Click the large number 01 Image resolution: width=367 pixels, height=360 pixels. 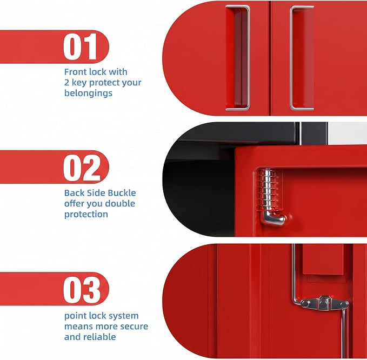(81, 46)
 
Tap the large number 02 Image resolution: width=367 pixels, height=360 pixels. (82, 168)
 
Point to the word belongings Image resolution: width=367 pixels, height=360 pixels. (88, 93)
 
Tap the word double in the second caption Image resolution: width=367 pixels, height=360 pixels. (120, 203)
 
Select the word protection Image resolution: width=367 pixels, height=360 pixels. (86, 214)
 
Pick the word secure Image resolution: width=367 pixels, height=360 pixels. (134, 326)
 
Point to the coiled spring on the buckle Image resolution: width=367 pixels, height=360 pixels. (268, 190)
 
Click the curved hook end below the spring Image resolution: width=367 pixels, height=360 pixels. (273, 219)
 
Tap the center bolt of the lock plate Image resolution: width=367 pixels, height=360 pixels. (324, 304)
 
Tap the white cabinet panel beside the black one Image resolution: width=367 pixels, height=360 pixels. (348, 133)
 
